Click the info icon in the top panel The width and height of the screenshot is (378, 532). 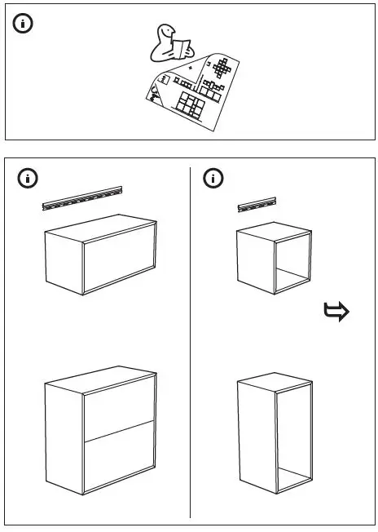coord(24,24)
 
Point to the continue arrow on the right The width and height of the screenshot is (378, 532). coord(336,311)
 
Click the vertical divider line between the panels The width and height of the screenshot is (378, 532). coord(191,343)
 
